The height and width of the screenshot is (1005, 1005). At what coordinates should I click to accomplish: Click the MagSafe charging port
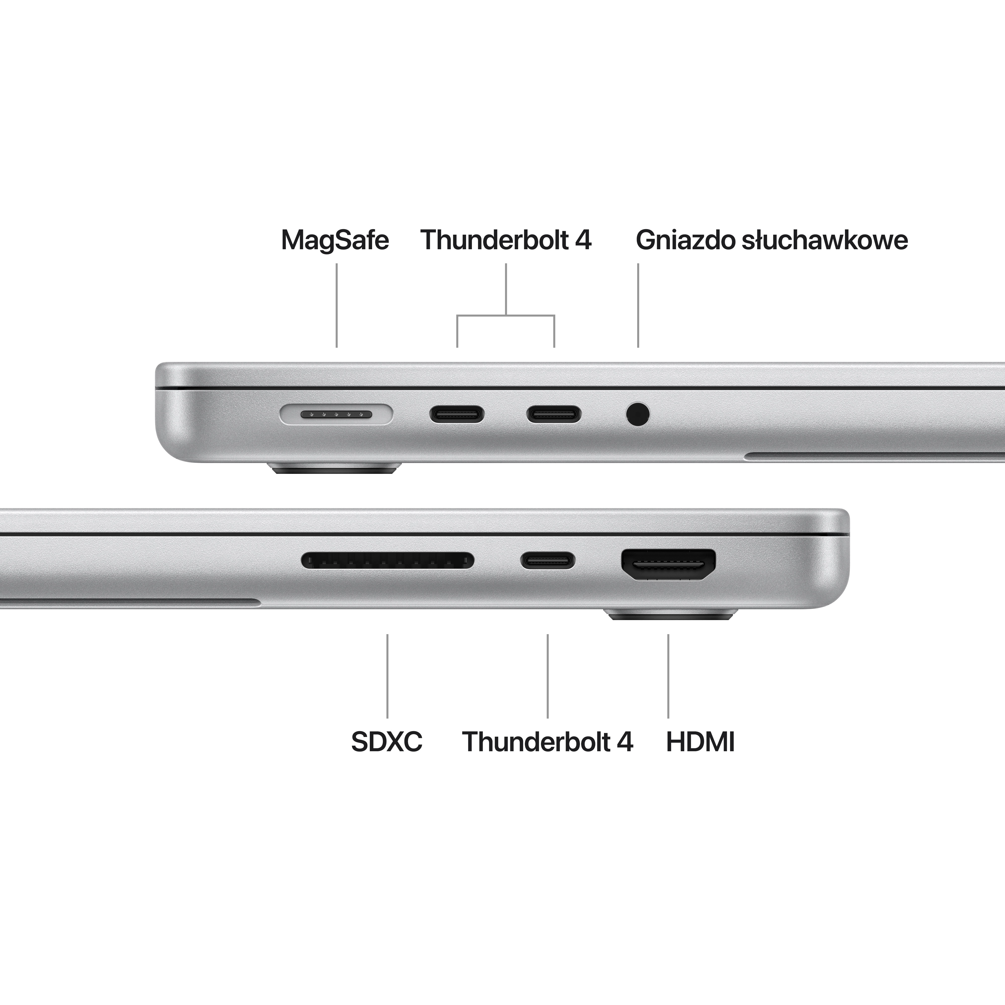[x=336, y=415]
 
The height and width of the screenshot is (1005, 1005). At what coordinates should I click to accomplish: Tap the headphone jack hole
[x=638, y=415]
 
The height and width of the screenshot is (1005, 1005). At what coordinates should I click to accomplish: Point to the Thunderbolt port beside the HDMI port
[x=548, y=560]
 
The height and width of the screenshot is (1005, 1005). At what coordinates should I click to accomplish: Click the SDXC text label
[x=386, y=742]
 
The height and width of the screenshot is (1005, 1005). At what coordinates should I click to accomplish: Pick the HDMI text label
[x=700, y=742]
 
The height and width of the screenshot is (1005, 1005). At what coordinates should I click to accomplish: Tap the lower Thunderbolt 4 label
[x=547, y=742]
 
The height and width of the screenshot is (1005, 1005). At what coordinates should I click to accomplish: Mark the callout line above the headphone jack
[x=638, y=305]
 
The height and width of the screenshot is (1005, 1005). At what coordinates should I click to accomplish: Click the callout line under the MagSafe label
[x=337, y=305]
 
